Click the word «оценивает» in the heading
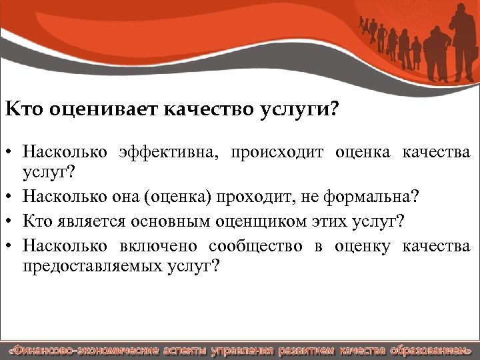click(x=93, y=109)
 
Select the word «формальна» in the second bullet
click(x=373, y=198)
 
